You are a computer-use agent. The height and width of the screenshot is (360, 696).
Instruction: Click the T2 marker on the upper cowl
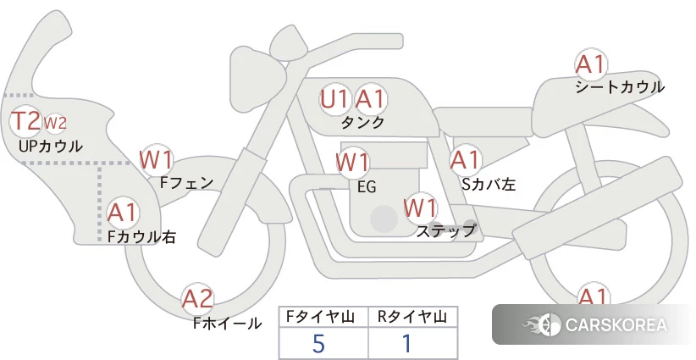(25, 122)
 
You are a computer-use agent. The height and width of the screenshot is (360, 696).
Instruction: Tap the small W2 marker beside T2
(54, 124)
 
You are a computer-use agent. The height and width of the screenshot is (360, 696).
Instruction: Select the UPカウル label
(51, 146)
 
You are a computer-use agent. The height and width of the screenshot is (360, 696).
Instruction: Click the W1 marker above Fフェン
(157, 158)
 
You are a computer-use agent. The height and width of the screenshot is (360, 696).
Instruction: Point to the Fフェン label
(186, 181)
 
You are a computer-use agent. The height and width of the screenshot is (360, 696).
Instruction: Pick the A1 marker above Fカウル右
(123, 211)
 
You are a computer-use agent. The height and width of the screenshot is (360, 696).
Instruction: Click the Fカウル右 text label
(142, 238)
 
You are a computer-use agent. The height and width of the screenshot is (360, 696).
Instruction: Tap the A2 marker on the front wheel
(197, 298)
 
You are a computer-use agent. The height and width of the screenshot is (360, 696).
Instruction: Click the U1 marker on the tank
(335, 99)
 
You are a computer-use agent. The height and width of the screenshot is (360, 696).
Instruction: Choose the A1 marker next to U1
(370, 99)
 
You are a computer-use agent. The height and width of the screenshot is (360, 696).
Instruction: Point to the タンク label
(362, 123)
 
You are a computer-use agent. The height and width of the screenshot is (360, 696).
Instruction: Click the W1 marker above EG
(352, 162)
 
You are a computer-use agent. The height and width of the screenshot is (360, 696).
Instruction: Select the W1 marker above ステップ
(420, 207)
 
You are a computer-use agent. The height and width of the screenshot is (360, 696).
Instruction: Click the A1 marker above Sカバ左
(465, 159)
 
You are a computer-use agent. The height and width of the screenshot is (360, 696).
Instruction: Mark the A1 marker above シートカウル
(590, 64)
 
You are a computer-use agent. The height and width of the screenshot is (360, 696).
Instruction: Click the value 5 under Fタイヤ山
(318, 344)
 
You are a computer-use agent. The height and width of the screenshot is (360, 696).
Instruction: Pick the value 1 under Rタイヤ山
(407, 344)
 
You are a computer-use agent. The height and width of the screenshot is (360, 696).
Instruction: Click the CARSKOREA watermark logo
(593, 324)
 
